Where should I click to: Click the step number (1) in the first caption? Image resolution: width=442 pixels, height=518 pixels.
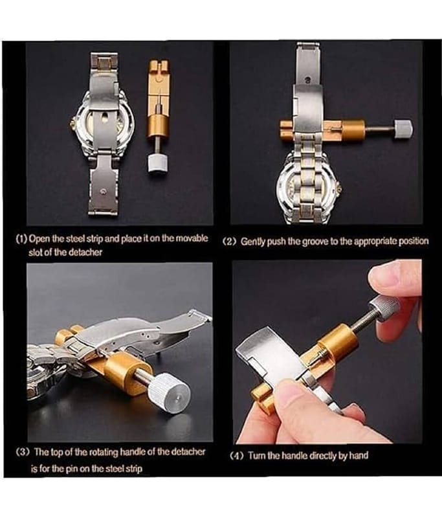22,239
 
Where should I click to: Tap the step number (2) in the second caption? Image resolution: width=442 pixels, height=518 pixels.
230,242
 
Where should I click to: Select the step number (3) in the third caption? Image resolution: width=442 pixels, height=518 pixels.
23,452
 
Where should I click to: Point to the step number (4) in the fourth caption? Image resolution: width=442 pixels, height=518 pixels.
236,456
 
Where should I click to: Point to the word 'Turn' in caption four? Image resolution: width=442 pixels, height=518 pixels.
257,456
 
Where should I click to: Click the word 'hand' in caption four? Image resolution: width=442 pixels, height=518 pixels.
359,456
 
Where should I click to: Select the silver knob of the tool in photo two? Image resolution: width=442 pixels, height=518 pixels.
404,129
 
